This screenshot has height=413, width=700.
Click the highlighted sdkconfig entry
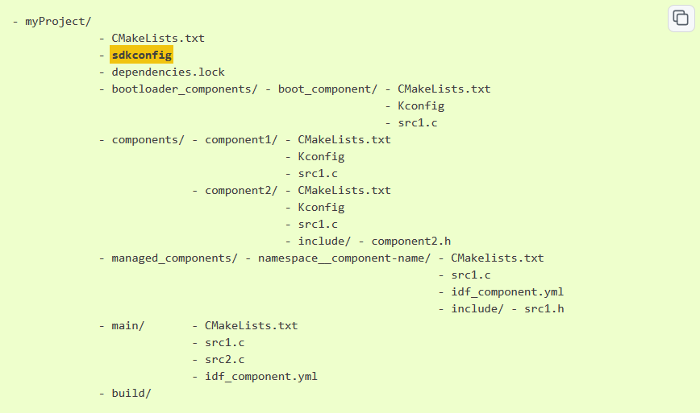click(142, 55)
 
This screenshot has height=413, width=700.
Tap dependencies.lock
click(168, 72)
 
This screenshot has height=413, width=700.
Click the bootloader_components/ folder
click(185, 89)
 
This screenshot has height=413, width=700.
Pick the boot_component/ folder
click(327, 89)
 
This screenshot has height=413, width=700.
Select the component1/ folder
click(241, 139)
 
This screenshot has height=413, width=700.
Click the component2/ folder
click(241, 190)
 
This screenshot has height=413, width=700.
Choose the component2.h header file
click(410, 241)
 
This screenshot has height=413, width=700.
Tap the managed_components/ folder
click(175, 258)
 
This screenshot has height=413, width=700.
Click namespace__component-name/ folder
click(344, 258)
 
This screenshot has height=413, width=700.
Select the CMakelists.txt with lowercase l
click(498, 258)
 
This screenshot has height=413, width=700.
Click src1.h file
click(544, 308)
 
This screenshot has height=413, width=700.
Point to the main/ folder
click(127, 325)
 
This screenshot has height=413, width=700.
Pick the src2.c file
click(224, 359)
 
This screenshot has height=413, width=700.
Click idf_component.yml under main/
click(260, 376)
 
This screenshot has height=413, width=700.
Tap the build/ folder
click(131, 393)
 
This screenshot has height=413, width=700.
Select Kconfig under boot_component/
click(421, 105)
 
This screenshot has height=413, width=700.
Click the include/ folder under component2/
click(324, 241)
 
